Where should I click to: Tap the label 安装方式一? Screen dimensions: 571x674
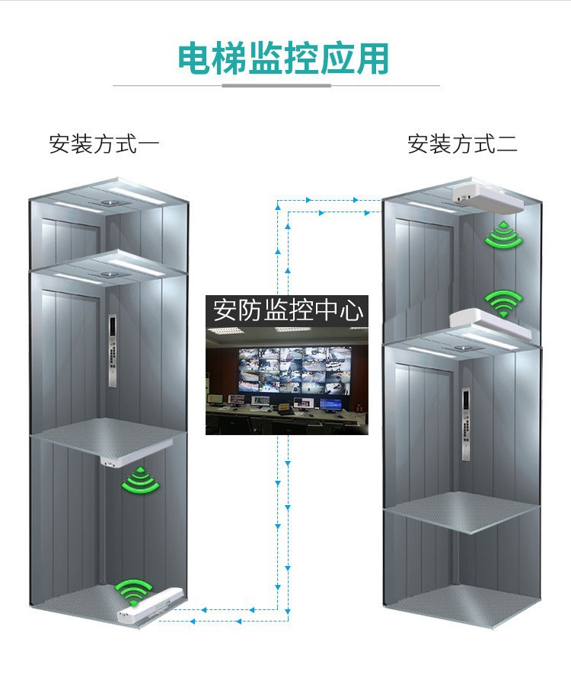[104, 144]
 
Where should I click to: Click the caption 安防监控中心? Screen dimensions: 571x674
[287, 311]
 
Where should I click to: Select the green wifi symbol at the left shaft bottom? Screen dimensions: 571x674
[134, 590]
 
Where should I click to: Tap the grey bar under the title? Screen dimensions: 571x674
[276, 85]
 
